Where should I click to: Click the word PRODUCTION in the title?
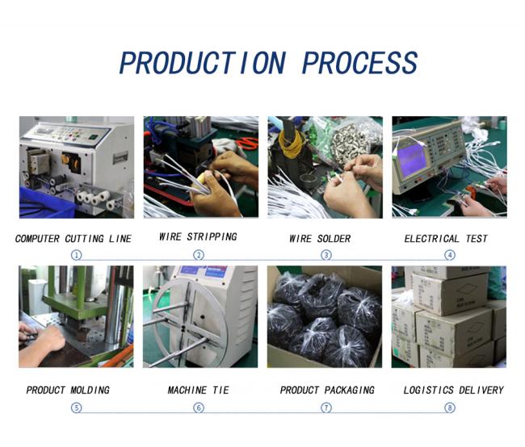click(x=203, y=63)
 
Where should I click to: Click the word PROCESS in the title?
click(x=359, y=63)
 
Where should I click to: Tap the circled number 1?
click(x=77, y=255)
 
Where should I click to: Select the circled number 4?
click(x=450, y=255)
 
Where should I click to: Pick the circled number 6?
click(x=199, y=407)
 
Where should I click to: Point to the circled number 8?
click(x=450, y=407)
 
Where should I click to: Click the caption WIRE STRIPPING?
click(x=198, y=237)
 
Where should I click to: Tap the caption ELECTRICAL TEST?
click(x=446, y=239)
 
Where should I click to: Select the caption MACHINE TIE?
click(x=198, y=391)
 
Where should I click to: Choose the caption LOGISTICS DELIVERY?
click(x=453, y=391)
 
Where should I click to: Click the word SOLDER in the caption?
click(x=334, y=239)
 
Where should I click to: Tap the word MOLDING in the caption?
click(x=90, y=391)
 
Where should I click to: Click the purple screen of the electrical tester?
click(x=411, y=161)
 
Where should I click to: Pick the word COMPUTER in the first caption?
click(x=37, y=239)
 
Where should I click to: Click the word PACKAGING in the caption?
click(x=349, y=391)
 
